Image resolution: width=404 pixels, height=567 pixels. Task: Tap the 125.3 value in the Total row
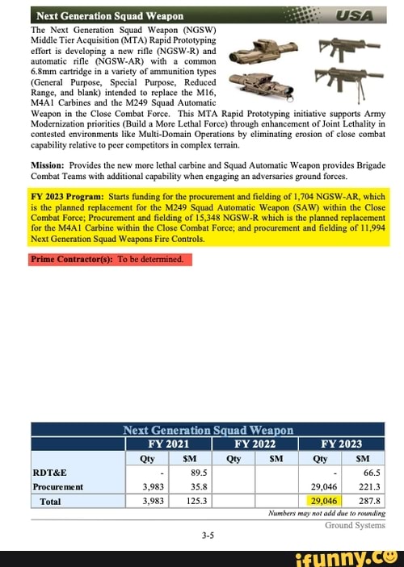point(195,501)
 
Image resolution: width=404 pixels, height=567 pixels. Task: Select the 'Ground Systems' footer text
point(355,525)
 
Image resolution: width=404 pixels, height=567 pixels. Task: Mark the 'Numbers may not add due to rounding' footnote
point(324,513)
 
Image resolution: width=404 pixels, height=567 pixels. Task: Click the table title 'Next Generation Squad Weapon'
point(208,430)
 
